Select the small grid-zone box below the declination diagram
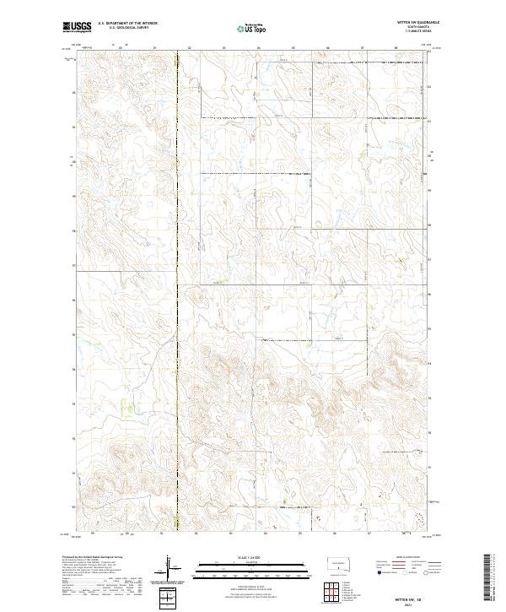(171, 597)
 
